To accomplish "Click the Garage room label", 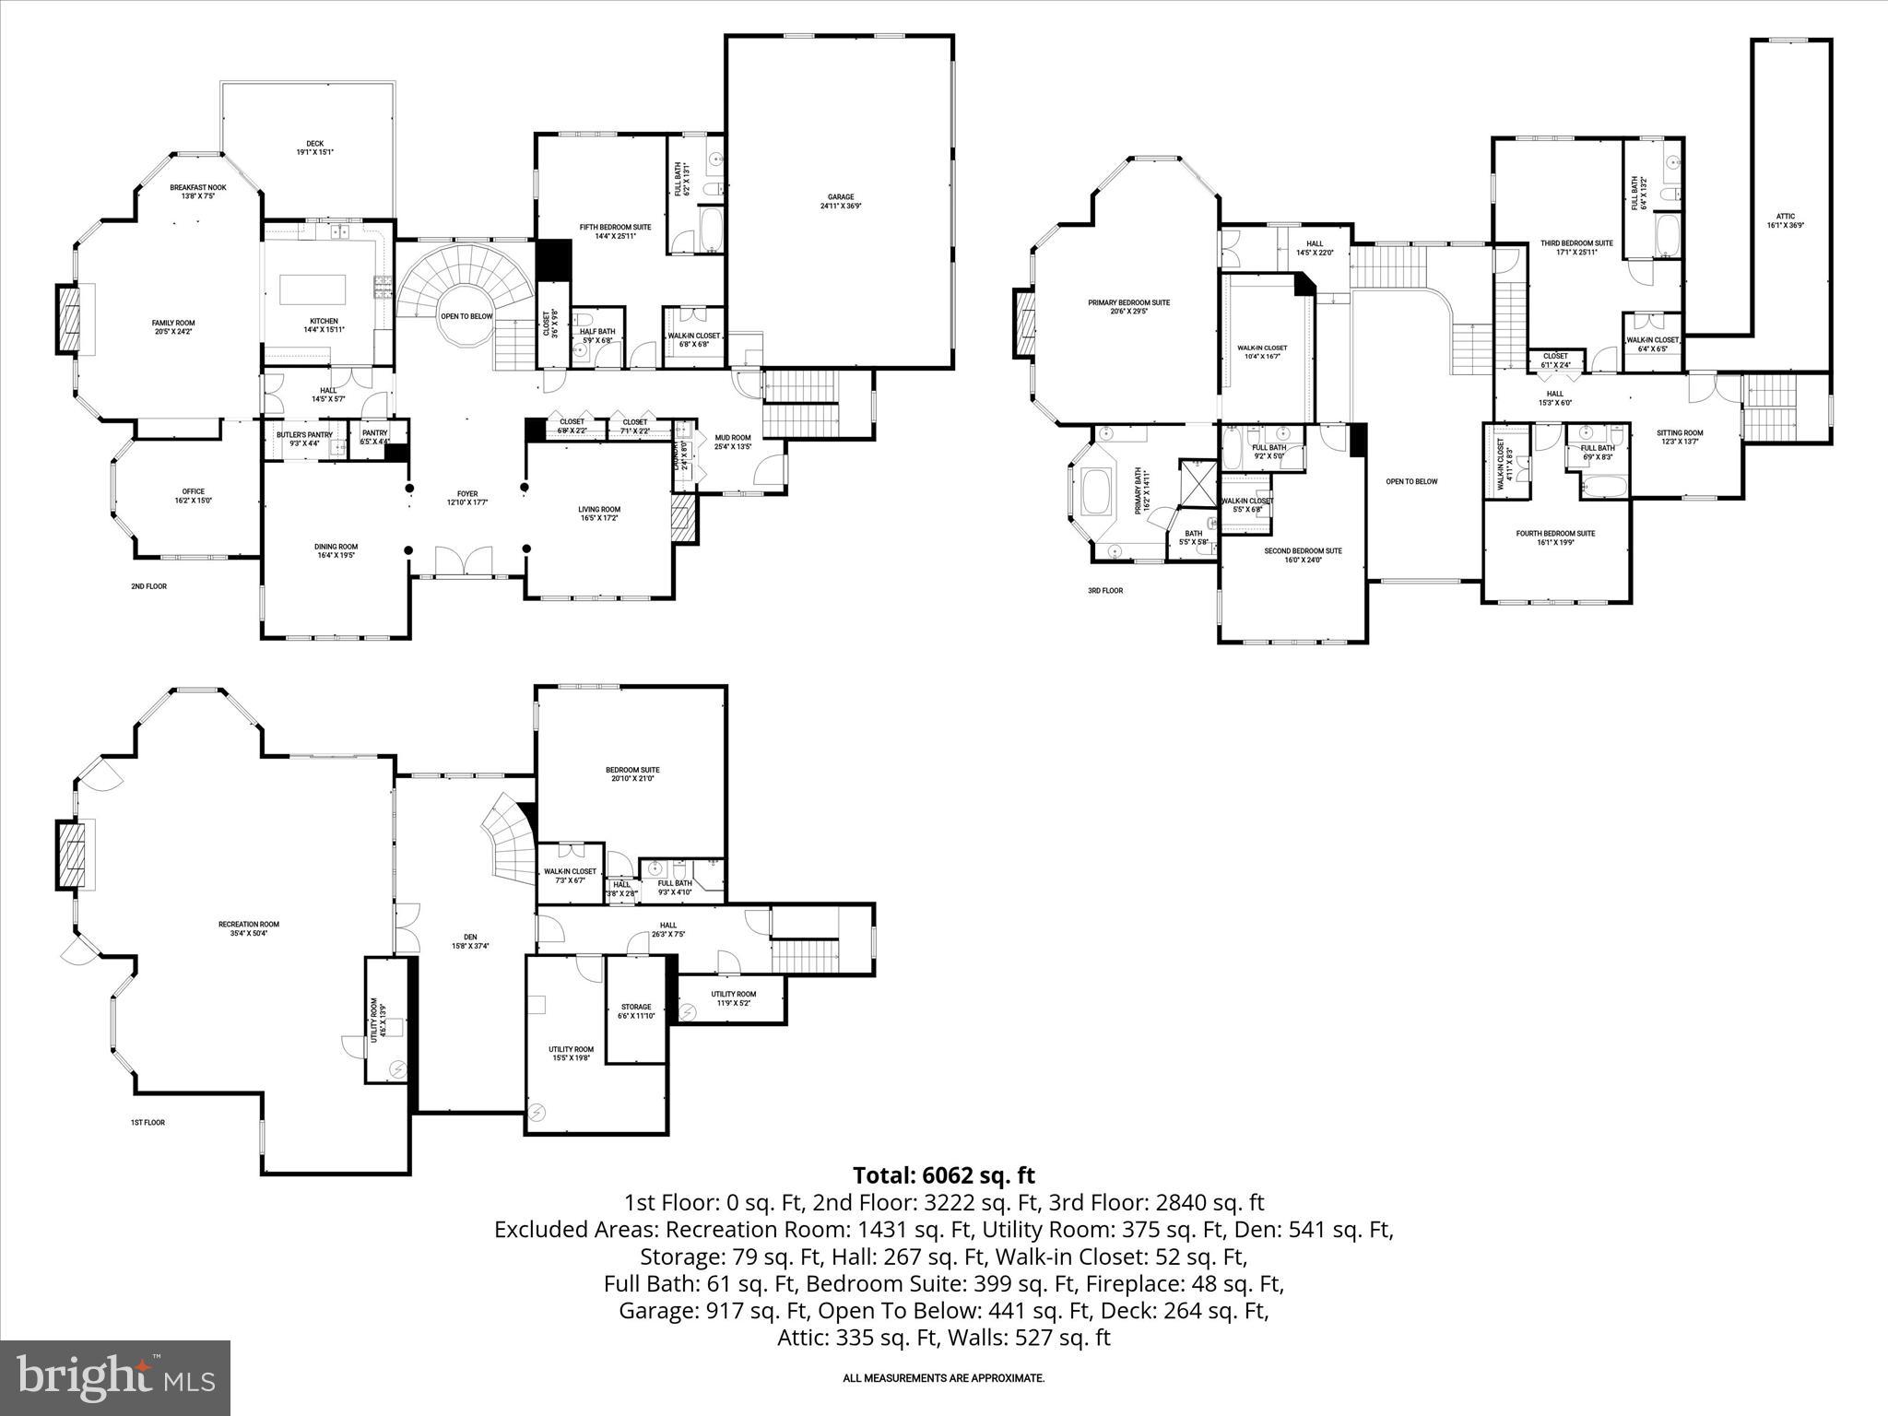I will [x=840, y=196].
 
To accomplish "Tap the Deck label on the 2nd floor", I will [x=314, y=143].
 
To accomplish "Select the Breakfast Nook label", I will [x=197, y=187].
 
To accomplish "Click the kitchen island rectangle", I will [x=313, y=289].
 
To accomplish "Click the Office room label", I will [x=193, y=491].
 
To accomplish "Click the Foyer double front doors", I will [x=465, y=561].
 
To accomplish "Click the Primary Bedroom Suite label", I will [x=1128, y=302].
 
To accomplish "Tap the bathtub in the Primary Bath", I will [x=1095, y=491].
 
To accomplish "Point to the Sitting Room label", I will [x=1679, y=432].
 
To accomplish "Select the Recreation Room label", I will [x=249, y=924].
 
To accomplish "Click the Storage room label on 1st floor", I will [x=635, y=1007].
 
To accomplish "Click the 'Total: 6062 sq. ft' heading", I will [x=943, y=1175].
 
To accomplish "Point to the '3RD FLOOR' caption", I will [x=1105, y=590].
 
